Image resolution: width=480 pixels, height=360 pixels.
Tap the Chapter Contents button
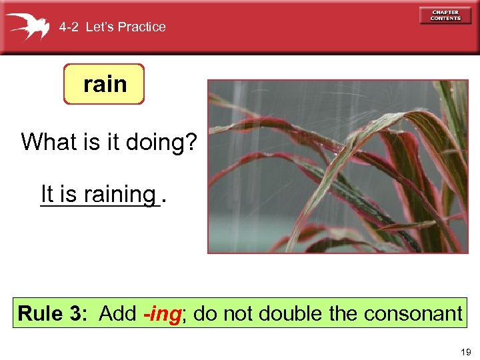[x=445, y=15]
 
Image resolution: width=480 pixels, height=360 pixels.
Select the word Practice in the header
[x=142, y=27]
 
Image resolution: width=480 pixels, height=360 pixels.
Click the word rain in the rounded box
[x=105, y=85]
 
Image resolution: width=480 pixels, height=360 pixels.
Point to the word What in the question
[x=47, y=142]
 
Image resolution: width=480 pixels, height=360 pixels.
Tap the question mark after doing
[x=191, y=142]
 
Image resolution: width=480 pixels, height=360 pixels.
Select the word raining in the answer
[x=119, y=194]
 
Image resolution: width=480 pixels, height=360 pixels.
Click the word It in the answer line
[x=48, y=194]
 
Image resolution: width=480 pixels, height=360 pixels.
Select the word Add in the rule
[x=117, y=313]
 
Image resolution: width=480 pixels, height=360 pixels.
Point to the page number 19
[x=465, y=351]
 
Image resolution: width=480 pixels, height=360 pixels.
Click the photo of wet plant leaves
[x=337, y=167]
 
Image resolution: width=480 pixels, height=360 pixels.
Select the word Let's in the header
[x=101, y=27]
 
